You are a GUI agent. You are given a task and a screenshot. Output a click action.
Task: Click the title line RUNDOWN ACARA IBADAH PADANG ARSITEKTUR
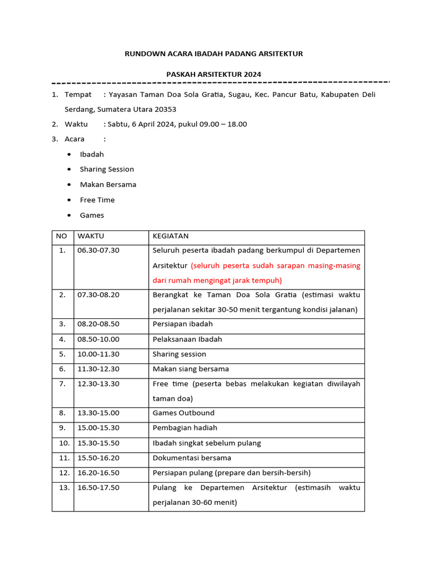pyautogui.click(x=214, y=54)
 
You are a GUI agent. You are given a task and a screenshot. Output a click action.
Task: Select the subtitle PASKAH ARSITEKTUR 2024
pyautogui.click(x=213, y=75)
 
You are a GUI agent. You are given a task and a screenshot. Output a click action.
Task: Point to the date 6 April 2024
pyautogui.click(x=150, y=124)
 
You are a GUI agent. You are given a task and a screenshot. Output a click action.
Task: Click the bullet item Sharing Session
pyautogui.click(x=107, y=169)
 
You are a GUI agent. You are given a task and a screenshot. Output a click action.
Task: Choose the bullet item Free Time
pyautogui.click(x=97, y=200)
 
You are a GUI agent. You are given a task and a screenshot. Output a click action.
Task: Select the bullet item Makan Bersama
pyautogui.click(x=108, y=185)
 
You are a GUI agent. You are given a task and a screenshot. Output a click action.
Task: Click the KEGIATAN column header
pyautogui.click(x=171, y=236)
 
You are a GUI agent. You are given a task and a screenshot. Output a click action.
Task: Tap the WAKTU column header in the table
pyautogui.click(x=91, y=236)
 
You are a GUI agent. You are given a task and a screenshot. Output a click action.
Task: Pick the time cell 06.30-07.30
pyautogui.click(x=98, y=250)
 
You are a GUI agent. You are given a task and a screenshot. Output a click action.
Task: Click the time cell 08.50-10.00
pyautogui.click(x=98, y=339)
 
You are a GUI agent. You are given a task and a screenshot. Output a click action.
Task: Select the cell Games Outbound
pyautogui.click(x=183, y=413)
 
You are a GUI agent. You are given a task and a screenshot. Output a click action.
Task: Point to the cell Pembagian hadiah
pyautogui.click(x=185, y=428)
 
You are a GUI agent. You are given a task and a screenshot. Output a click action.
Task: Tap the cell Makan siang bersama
pyautogui.click(x=191, y=369)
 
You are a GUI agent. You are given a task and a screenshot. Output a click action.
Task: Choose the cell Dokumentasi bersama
pyautogui.click(x=192, y=458)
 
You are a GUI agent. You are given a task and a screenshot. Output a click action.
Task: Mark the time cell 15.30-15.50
pyautogui.click(x=98, y=443)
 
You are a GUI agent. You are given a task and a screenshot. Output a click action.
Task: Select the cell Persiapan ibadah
pyautogui.click(x=183, y=324)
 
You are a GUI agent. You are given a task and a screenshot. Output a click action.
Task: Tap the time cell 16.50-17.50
pyautogui.click(x=98, y=488)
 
